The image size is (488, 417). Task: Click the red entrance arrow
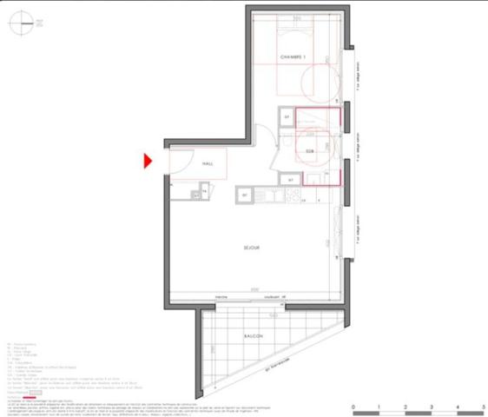click(148, 161)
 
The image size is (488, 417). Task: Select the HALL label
click(208, 162)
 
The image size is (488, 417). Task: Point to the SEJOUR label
click(253, 248)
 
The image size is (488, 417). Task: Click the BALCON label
click(253, 335)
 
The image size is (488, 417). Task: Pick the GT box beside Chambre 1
click(286, 116)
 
